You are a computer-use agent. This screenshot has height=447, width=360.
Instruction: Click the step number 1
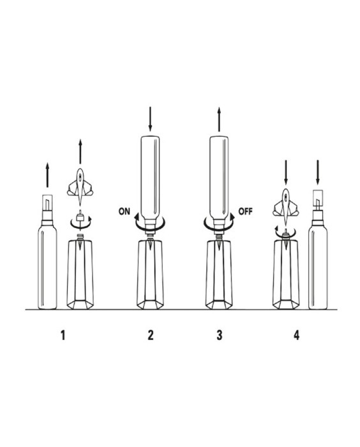click(63, 335)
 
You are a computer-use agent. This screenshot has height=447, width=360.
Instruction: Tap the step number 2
click(151, 335)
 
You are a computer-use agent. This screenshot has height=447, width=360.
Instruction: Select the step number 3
click(219, 335)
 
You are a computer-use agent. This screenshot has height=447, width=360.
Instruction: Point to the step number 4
click(296, 335)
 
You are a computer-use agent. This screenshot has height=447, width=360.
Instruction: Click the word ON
click(124, 211)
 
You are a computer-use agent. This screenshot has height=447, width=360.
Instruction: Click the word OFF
click(245, 211)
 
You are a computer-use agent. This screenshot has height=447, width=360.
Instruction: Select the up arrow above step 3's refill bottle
click(219, 119)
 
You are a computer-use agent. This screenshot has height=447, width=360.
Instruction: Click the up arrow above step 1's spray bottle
click(48, 175)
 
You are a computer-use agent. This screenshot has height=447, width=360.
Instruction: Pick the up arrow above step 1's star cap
click(80, 151)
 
